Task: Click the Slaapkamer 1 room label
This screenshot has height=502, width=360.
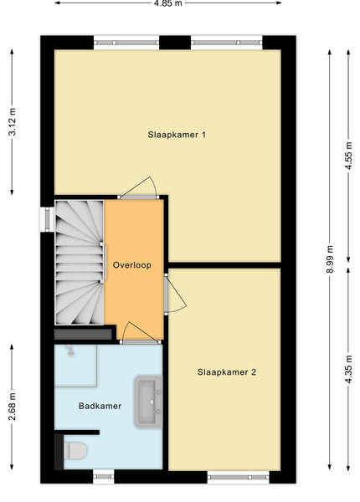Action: point(177,135)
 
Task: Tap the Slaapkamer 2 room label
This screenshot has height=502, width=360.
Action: point(227,372)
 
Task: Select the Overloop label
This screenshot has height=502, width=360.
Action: point(132,265)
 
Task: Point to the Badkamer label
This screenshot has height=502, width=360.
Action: point(100,407)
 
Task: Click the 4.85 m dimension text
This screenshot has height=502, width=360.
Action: point(168,3)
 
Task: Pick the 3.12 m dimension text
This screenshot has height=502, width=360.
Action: point(13,122)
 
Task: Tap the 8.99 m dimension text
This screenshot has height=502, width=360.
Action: point(330,259)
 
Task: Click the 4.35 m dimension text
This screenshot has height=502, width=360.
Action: point(348,369)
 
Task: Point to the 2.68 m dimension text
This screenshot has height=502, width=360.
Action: point(13,407)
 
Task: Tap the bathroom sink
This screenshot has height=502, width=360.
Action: point(149,402)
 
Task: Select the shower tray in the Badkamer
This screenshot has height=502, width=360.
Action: point(76,366)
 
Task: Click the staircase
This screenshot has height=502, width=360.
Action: point(80,262)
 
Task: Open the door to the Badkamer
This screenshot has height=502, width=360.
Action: point(141,333)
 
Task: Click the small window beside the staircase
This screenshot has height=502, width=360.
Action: point(47,219)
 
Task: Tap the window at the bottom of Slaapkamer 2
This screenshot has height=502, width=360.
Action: point(239,478)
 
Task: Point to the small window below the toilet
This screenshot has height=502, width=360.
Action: point(104,477)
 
